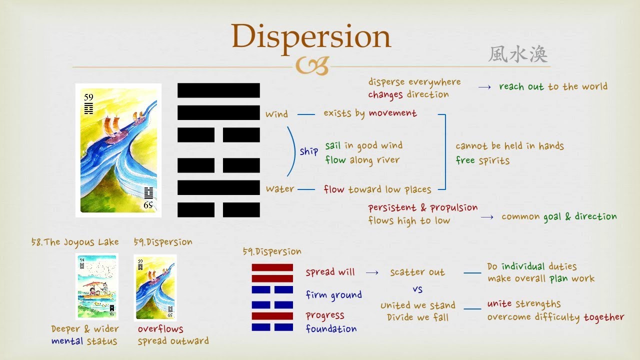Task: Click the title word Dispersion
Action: [x=310, y=36]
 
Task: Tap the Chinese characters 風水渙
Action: [x=517, y=54]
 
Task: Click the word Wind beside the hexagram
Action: [x=276, y=114]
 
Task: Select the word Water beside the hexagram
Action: [x=279, y=189]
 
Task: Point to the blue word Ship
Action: [x=308, y=151]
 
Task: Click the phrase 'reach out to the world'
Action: [x=553, y=86]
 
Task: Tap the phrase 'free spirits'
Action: [x=482, y=160]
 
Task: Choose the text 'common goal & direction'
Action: [x=559, y=216]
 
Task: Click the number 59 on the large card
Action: [x=88, y=97]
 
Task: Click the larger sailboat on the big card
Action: [x=113, y=129]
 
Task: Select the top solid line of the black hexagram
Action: [x=218, y=90]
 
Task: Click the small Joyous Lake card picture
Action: [x=97, y=286]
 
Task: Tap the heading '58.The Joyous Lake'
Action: [x=75, y=242]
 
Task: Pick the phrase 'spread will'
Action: [x=330, y=272]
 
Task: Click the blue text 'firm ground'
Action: [x=333, y=295]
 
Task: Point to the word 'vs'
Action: [x=417, y=289]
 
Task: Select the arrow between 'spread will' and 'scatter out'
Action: [x=372, y=272]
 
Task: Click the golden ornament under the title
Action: [x=312, y=66]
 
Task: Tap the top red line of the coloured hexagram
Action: [x=272, y=267]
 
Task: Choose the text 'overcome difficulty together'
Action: [x=555, y=317]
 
